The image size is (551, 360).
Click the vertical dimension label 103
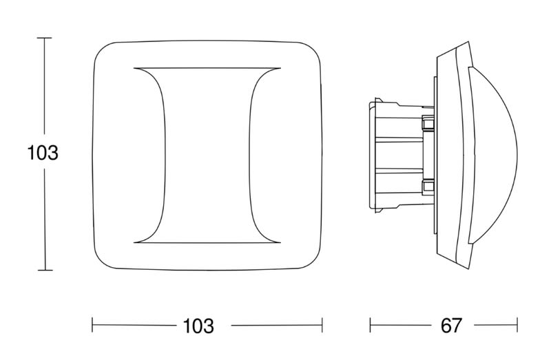tap(43, 153)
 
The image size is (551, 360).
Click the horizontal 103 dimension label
tap(198, 326)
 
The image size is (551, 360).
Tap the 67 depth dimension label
tap(451, 326)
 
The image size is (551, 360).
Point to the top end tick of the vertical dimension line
tap(44, 38)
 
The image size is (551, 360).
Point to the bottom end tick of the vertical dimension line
tap(45, 270)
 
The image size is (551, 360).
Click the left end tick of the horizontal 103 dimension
tap(92, 325)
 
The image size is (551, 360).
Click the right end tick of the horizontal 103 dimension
tap(322, 325)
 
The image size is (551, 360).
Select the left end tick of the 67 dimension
tap(370, 325)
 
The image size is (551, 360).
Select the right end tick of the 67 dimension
tap(517, 325)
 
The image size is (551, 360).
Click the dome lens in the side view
tap(492, 155)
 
